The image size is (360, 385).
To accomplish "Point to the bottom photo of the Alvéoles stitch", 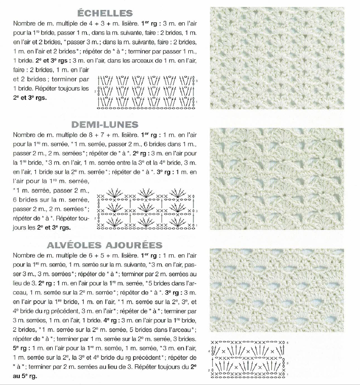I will point(281,291).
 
